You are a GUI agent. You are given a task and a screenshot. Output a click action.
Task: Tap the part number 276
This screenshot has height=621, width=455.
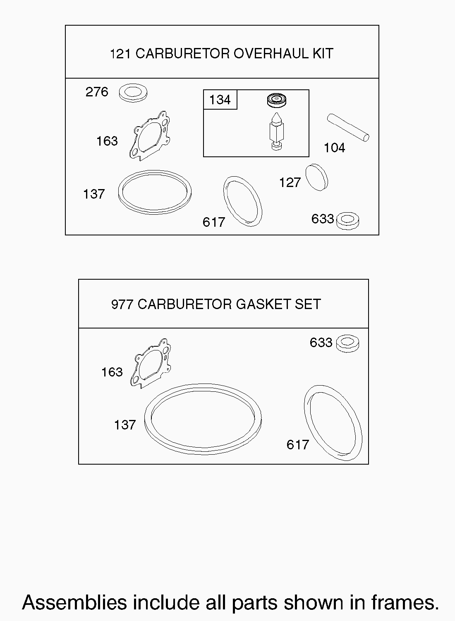(97, 92)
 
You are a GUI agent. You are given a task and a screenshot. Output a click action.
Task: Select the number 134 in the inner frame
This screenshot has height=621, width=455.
(220, 100)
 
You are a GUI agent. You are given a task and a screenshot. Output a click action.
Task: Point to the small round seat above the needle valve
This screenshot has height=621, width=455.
(277, 100)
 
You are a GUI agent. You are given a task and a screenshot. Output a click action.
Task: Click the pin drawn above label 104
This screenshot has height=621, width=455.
(348, 127)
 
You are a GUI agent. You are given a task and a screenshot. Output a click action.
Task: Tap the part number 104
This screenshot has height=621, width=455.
(335, 148)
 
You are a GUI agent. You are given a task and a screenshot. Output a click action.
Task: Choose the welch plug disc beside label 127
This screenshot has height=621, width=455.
(317, 177)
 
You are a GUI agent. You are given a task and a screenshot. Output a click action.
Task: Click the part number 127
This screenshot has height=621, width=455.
(290, 183)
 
